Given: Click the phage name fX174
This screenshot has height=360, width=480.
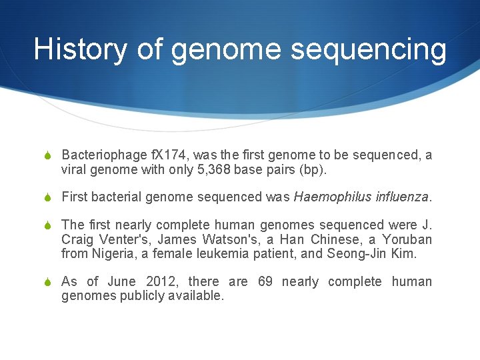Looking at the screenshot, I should click(168, 155).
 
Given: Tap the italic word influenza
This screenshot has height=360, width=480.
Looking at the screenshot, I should click(402, 197).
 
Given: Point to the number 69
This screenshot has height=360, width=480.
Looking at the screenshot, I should click(265, 282).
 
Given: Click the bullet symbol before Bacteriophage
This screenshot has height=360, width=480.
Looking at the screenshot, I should click(47, 156).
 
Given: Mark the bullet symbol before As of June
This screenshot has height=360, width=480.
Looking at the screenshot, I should click(47, 282).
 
